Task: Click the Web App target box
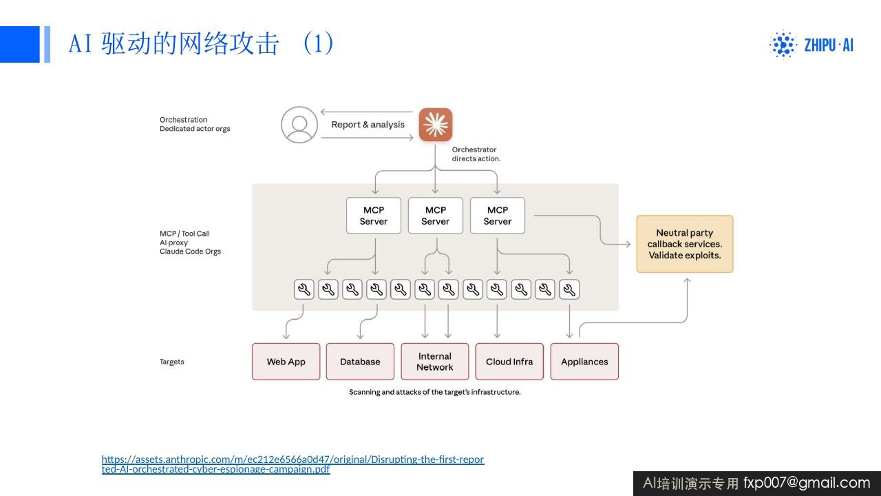(286, 362)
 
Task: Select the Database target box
(360, 362)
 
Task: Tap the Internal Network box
(434, 362)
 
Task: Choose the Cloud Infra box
(509, 362)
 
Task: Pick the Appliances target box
(584, 362)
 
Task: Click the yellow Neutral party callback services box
(685, 244)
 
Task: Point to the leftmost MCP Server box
(374, 216)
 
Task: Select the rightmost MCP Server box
(498, 216)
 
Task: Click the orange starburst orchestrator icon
(436, 125)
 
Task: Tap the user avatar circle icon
(299, 125)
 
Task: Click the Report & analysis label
(368, 125)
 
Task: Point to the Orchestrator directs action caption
(476, 154)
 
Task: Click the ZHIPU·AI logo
(811, 45)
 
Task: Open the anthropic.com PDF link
(293, 464)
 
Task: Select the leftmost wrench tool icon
(304, 290)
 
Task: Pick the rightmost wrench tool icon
(569, 290)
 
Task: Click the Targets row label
(172, 362)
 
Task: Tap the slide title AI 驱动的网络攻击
(174, 43)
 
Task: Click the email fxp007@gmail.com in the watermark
(807, 483)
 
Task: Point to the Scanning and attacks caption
(434, 392)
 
